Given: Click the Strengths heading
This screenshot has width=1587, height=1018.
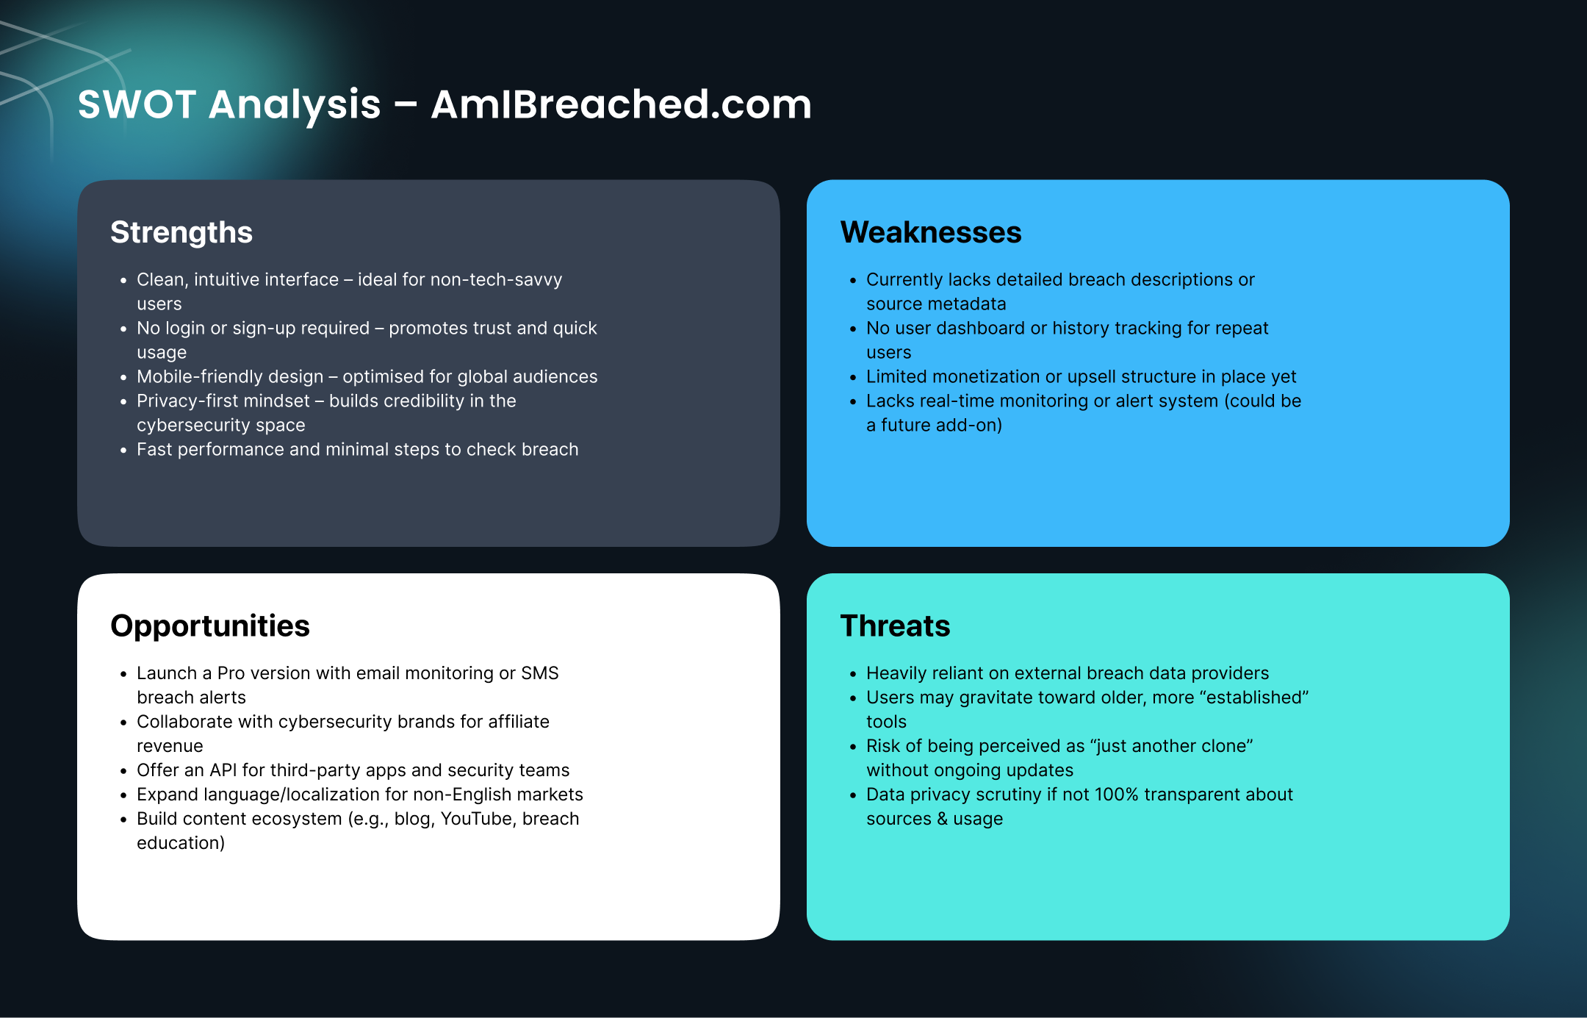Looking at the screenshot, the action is point(181,233).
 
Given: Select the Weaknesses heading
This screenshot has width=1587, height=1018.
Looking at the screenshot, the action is point(931,232).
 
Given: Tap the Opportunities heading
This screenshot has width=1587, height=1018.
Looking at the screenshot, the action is point(210,627).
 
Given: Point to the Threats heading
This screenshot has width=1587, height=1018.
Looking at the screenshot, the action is point(895,626).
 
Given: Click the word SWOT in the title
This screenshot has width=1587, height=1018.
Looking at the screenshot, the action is point(137,104).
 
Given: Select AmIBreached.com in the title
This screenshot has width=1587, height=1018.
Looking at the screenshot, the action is point(622,104).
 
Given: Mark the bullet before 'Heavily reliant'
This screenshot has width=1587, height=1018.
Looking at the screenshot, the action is point(853,675).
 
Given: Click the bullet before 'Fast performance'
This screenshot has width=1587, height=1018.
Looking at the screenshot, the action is point(123,451).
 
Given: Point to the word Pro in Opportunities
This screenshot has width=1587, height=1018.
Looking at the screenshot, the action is point(231,673).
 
